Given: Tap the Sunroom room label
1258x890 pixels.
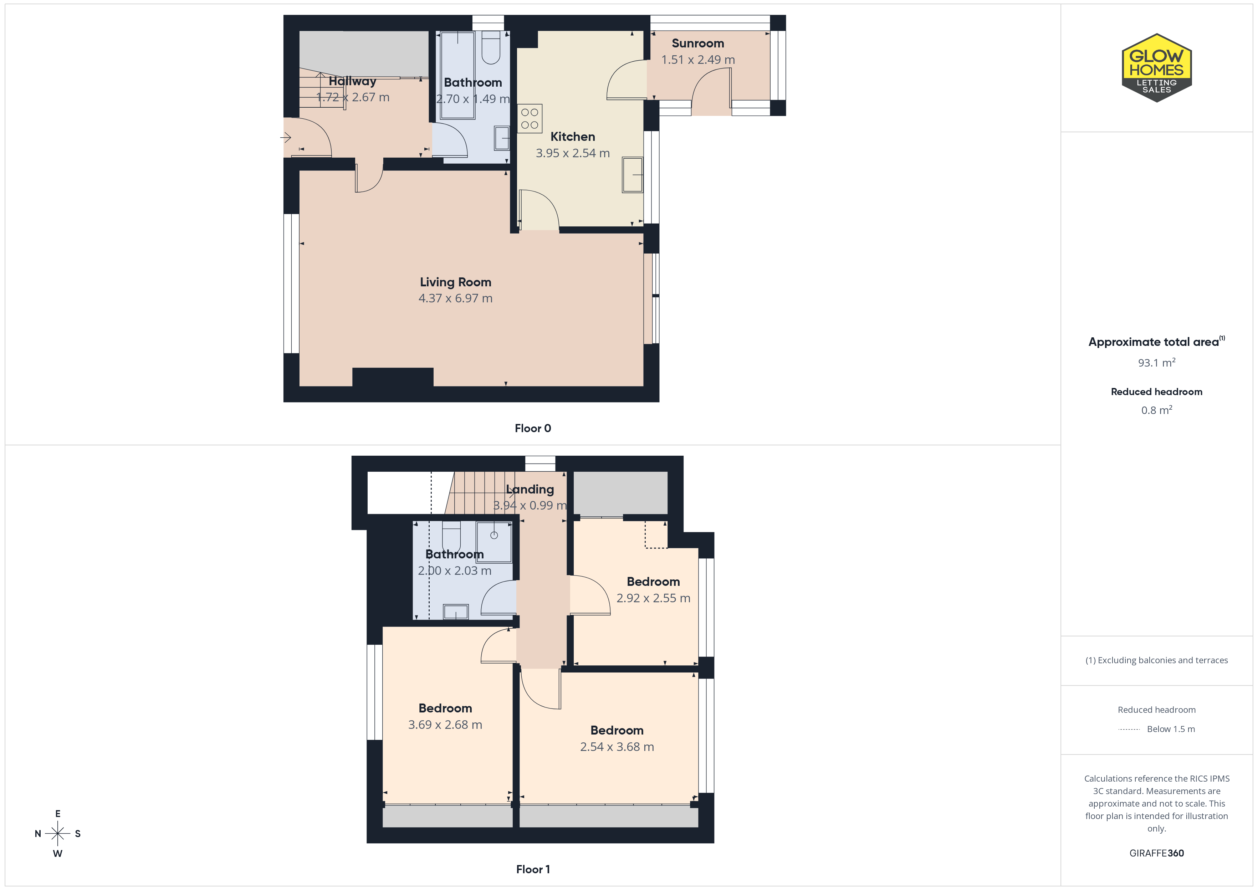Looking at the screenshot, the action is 697,43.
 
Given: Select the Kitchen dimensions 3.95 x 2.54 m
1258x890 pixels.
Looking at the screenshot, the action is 573,153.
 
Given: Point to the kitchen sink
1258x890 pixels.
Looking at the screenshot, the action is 632,175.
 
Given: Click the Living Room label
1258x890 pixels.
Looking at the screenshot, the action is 455,282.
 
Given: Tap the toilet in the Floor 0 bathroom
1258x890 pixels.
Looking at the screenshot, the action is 491,48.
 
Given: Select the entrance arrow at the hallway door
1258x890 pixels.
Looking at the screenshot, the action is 286,138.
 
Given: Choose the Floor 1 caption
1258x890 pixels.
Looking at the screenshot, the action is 533,869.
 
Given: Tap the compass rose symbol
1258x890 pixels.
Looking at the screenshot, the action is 57,834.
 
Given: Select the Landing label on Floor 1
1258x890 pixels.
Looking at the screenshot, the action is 530,489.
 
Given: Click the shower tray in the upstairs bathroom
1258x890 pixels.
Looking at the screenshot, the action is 494,542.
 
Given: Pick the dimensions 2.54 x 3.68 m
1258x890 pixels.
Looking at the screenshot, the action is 617,747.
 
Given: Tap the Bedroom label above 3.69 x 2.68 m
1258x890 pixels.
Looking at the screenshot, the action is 445,708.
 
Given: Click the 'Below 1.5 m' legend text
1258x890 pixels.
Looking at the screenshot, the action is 1171,729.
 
